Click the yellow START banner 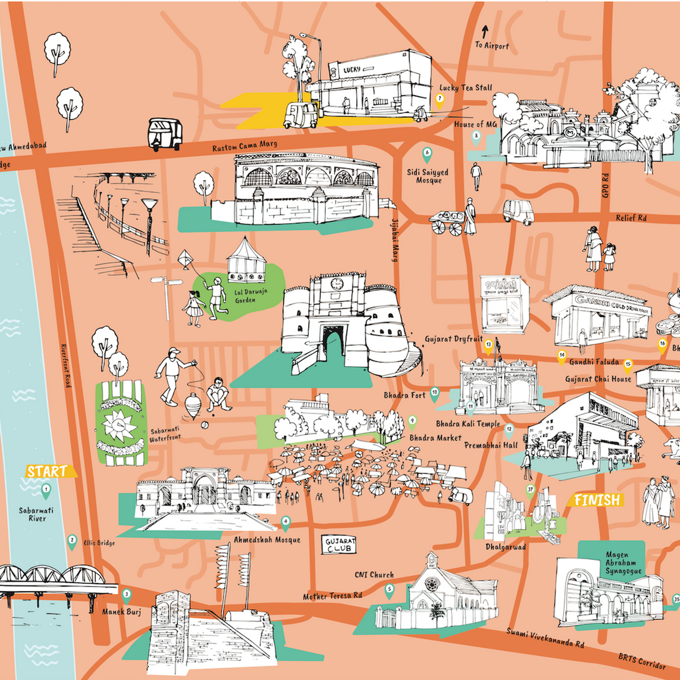point(48,471)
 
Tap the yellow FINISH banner point(597,500)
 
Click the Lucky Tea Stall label point(466,88)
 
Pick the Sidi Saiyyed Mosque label point(428,176)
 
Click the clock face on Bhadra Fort point(337,283)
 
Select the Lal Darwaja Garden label point(250,296)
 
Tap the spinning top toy point(192,405)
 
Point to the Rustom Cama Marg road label point(245,146)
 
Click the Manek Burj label point(121,612)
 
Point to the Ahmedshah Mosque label point(267,540)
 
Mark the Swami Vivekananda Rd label point(545,638)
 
